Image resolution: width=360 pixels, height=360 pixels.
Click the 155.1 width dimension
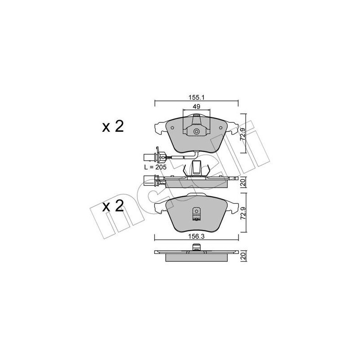pos(196,98)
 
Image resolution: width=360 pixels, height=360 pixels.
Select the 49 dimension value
pos(196,107)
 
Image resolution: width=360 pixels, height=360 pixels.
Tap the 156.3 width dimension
pos(196,237)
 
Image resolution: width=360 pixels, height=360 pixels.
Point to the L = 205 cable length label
pos(155,167)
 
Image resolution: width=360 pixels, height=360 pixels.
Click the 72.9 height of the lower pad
pos(243,213)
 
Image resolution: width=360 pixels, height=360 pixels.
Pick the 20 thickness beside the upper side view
pos(243,183)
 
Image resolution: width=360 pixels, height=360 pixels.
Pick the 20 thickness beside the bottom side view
pos(243,256)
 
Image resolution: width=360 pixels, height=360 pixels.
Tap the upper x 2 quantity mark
pos(113,126)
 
